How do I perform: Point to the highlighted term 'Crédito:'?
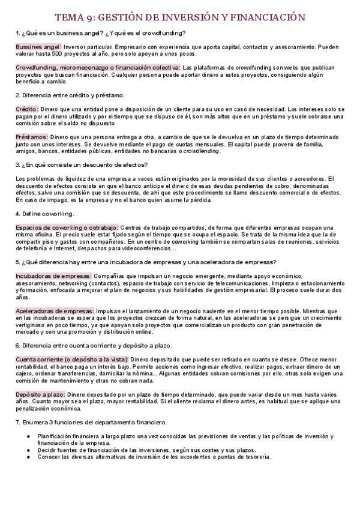point(27,109)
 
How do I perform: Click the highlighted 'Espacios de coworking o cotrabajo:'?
point(67,227)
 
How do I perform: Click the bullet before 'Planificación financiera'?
point(28,436)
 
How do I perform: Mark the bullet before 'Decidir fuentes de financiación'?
point(28,450)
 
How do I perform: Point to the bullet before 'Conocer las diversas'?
point(28,457)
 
